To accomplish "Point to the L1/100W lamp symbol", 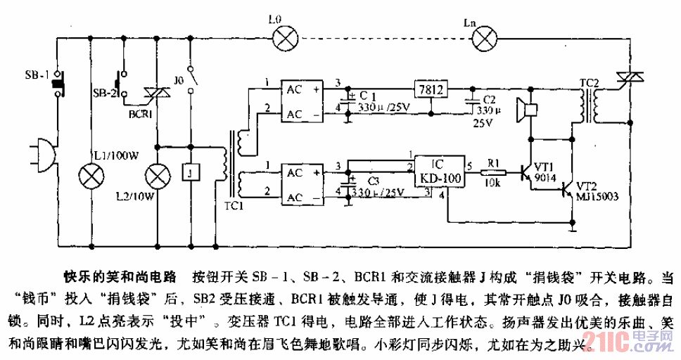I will pyautogui.click(x=91, y=174).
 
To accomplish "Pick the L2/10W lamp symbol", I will pyautogui.click(x=156, y=174).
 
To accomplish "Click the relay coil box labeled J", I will pyautogui.click(x=190, y=172).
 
